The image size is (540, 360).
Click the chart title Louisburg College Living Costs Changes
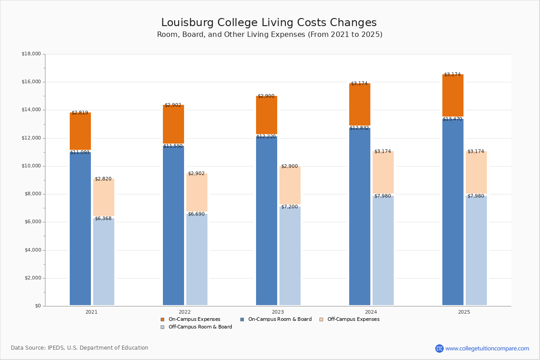pos(269,22)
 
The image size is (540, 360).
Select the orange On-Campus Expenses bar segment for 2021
pos(80,131)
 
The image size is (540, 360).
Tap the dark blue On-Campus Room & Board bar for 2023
pos(266,220)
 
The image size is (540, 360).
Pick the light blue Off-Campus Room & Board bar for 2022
pos(197,259)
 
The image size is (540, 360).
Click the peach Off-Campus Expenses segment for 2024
pos(383,172)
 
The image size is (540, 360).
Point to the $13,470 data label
pos(452,119)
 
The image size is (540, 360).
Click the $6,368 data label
pos(103,218)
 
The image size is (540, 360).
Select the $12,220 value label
pos(266,136)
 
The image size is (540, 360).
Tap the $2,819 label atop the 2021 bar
pos(80,112)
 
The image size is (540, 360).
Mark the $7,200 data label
pos(289,207)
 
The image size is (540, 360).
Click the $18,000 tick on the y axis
pos(31,54)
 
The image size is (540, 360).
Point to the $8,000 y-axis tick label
pos(33,194)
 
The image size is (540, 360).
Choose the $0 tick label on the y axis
pos(38,306)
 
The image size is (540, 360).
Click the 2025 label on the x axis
pos(464,312)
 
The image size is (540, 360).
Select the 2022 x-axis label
pos(184,312)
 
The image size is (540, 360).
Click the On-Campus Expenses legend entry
pos(190,319)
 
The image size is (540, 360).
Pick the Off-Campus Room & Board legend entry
pos(196,327)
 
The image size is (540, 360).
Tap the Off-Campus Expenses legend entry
pos(350,319)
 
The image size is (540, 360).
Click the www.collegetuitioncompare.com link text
pos(487,348)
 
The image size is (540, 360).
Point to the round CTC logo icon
pos(439,348)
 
